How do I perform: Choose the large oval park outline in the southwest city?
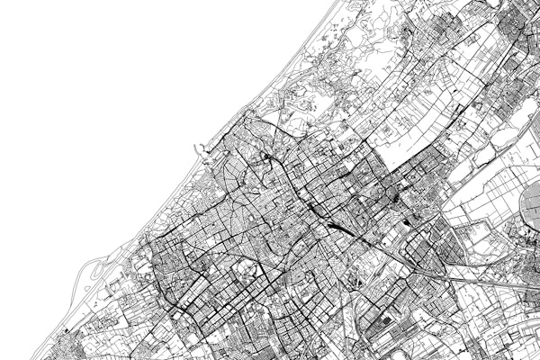(x=245, y=270)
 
